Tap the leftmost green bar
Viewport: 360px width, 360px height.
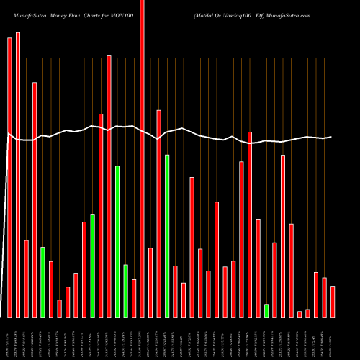pos(42,282)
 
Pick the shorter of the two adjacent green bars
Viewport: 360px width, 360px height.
pos(125,291)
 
